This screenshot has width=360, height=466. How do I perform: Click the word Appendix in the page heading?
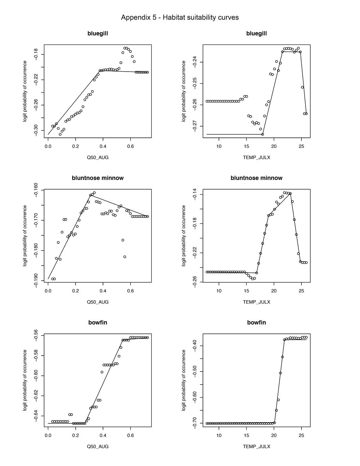point(134,18)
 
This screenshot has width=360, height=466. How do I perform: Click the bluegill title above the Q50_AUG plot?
point(98,33)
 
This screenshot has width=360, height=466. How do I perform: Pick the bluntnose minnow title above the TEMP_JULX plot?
point(256,178)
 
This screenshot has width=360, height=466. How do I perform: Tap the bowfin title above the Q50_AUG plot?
point(98,322)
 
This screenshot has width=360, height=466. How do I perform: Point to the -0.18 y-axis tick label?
point(36,54)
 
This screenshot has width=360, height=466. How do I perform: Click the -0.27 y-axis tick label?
point(195,126)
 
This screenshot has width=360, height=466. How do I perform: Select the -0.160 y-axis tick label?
point(36,190)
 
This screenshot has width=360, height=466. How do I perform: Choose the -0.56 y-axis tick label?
point(36,335)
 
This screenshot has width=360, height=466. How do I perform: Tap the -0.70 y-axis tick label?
point(195,423)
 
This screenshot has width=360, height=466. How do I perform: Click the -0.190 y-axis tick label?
point(36,280)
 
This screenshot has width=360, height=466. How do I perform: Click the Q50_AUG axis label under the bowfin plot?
point(98,446)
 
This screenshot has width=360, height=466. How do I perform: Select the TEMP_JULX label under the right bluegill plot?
point(256,157)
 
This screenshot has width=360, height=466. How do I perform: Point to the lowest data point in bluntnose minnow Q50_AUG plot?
point(53,279)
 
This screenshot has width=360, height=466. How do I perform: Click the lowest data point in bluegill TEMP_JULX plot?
point(262,134)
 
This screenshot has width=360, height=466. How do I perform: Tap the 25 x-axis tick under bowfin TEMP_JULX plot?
point(301,436)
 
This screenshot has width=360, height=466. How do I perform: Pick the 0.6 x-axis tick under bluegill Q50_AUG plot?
point(130,147)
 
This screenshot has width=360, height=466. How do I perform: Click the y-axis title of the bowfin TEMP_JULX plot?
point(184,380)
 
